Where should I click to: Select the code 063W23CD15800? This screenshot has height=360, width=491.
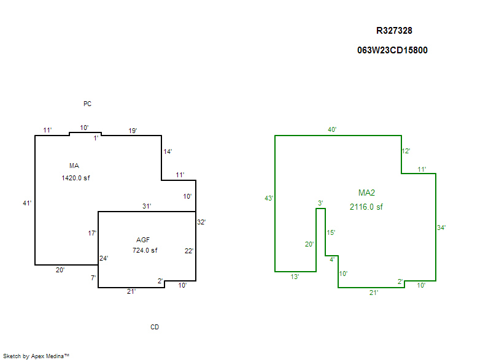click(x=392, y=50)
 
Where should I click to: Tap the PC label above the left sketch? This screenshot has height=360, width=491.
click(x=87, y=104)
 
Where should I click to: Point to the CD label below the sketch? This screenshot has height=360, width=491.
click(x=155, y=327)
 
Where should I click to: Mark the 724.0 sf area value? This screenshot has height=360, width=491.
click(x=145, y=250)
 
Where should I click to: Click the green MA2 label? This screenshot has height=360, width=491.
click(x=366, y=193)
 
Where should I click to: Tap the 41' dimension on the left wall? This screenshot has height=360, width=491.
click(x=27, y=203)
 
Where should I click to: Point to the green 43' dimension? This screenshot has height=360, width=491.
click(x=268, y=198)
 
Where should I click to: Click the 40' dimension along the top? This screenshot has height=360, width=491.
click(x=332, y=129)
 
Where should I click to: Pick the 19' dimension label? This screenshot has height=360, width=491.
click(x=132, y=131)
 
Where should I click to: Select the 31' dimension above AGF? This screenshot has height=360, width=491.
click(x=147, y=206)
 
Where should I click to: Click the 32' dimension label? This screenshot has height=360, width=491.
click(x=201, y=222)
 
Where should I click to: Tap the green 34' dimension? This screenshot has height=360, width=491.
click(x=441, y=228)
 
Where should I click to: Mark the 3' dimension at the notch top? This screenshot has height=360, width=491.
click(x=320, y=203)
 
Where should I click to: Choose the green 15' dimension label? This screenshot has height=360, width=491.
click(x=331, y=232)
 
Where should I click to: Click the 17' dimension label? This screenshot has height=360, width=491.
click(x=92, y=233)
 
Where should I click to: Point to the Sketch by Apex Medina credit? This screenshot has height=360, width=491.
click(x=36, y=356)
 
